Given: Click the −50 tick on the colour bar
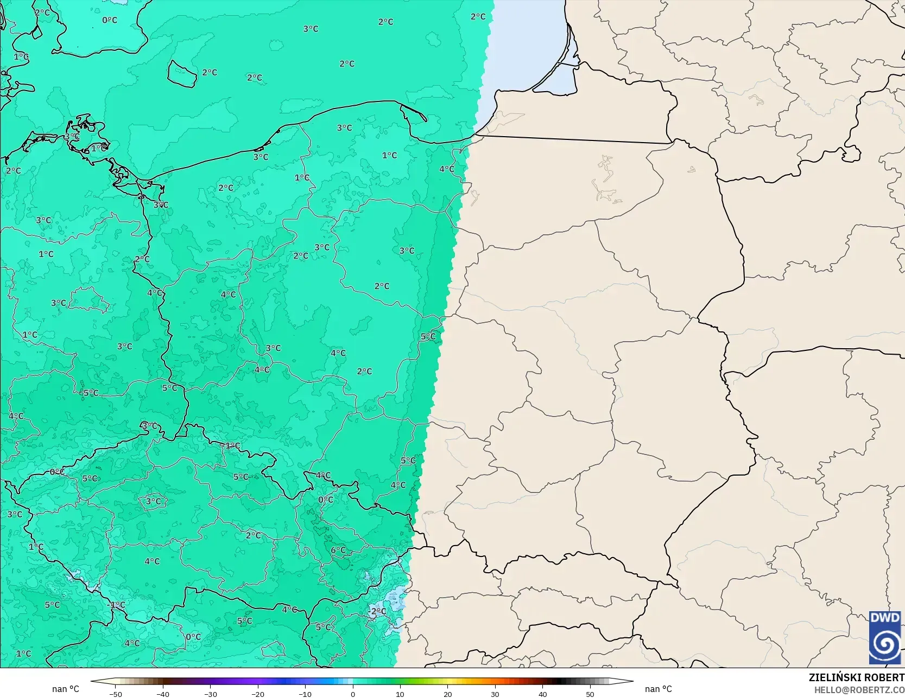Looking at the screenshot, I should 115,694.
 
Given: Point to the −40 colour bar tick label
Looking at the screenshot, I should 162,694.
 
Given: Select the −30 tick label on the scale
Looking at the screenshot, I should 210,694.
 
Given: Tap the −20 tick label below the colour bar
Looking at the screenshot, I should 257,694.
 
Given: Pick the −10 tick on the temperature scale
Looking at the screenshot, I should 305,694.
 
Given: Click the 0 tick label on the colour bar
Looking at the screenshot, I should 352,694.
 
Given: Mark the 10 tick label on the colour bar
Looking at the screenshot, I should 400,694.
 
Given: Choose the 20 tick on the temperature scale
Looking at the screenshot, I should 447,694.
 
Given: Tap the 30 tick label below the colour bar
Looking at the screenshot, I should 495,694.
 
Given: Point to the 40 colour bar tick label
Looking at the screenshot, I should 542,694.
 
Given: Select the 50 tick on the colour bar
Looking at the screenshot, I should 590,694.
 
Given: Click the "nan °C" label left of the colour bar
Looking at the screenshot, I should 66,689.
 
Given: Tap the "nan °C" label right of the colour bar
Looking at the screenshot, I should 658,689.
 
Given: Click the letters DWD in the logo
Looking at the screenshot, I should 884,618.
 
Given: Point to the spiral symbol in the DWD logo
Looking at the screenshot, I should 885,644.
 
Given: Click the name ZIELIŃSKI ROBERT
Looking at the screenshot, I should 856,677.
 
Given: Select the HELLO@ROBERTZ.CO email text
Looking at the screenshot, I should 859,689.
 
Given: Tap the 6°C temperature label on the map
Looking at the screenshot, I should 338,550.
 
